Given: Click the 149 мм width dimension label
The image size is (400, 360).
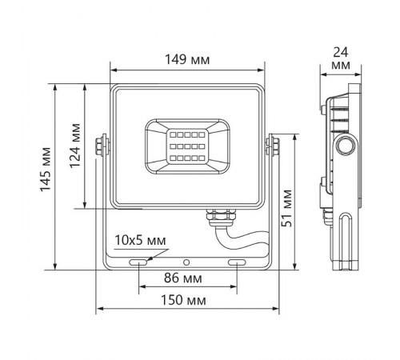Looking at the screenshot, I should click(189, 58).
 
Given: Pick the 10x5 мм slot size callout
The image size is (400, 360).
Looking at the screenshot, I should click(139, 240).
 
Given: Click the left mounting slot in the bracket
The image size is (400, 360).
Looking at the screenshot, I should click(138, 262).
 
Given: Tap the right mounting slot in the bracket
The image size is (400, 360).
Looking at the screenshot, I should click(238, 262).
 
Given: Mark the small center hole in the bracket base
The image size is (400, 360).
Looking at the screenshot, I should click(186, 262).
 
